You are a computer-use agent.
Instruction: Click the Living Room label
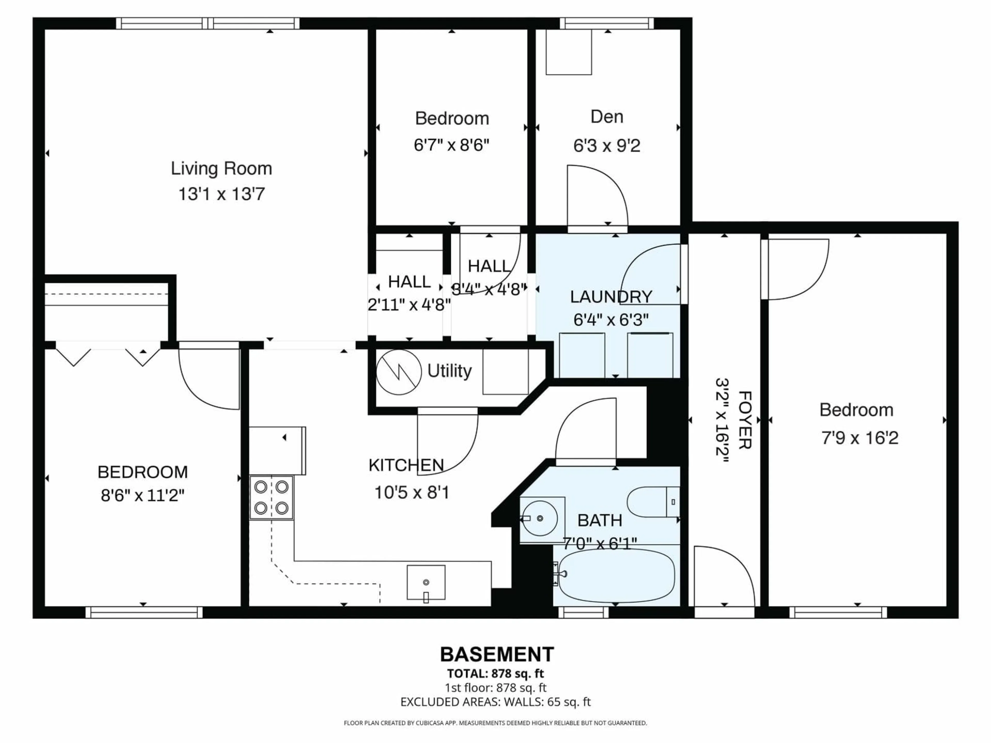221,169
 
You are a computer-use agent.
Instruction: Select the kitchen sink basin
426,582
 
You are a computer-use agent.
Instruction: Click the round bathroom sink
540,518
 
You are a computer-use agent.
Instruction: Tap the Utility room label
449,371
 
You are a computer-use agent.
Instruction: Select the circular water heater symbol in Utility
398,372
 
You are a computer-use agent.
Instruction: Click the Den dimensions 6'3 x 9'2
607,146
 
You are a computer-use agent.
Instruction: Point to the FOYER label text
744,420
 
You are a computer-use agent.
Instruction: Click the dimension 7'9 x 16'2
859,438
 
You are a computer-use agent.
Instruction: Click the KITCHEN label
406,465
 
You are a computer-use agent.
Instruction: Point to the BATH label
600,520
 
